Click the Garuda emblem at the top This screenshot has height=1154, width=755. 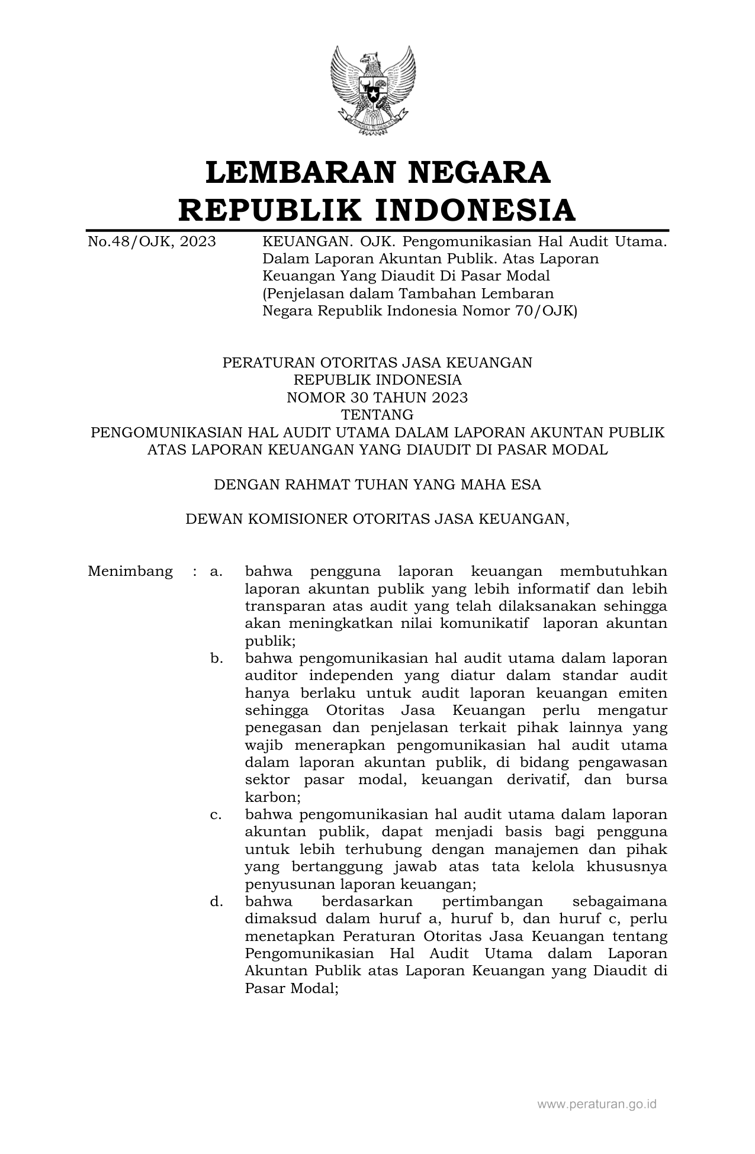pyautogui.click(x=373, y=90)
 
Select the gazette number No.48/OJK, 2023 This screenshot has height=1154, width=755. pyautogui.click(x=152, y=242)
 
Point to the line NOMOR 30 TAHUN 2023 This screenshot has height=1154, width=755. pyautogui.click(x=377, y=398)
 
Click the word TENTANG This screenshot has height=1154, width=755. pyautogui.click(x=377, y=415)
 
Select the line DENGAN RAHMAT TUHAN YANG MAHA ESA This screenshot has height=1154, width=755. pyautogui.click(x=377, y=485)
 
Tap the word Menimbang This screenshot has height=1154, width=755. pyautogui.click(x=130, y=572)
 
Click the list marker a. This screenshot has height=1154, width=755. pyautogui.click(x=216, y=572)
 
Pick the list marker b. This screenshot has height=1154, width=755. pyautogui.click(x=216, y=659)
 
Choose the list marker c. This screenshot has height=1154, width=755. pyautogui.click(x=216, y=815)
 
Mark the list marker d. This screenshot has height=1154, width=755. pyautogui.click(x=216, y=902)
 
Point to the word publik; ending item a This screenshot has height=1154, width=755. pyautogui.click(x=270, y=641)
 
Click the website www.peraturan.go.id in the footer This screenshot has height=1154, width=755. pyautogui.click(x=597, y=1104)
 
